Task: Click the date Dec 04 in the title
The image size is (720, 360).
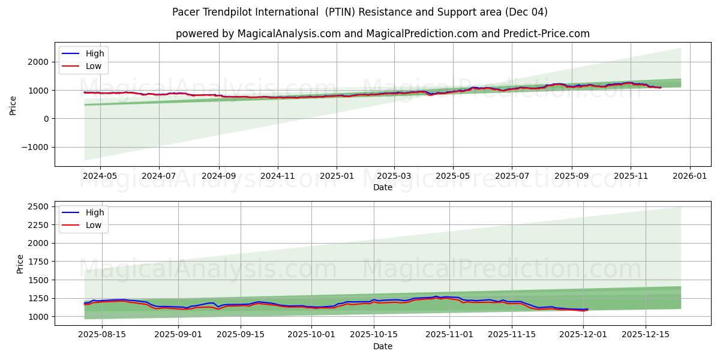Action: tap(527, 12)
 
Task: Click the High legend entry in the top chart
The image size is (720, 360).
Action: tap(94, 53)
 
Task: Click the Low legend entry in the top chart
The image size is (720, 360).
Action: tap(93, 66)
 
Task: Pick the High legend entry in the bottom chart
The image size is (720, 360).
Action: tap(94, 212)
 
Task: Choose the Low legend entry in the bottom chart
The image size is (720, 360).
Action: tap(93, 225)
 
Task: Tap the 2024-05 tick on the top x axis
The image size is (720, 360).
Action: tap(100, 176)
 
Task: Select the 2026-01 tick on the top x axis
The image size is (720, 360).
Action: tap(689, 176)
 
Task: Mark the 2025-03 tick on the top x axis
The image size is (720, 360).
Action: tap(394, 176)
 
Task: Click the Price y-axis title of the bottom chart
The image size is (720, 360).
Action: tap(20, 264)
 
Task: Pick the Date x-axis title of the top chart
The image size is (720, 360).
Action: tap(383, 187)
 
